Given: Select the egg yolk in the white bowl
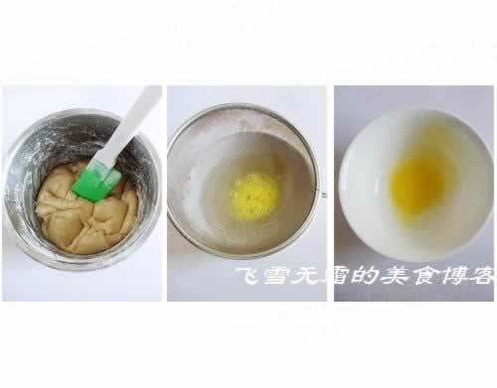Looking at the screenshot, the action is (415, 186).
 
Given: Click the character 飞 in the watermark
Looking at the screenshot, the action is (248, 276).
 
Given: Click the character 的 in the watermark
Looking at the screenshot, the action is (365, 276).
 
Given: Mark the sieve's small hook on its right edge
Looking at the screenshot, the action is (323, 194).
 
